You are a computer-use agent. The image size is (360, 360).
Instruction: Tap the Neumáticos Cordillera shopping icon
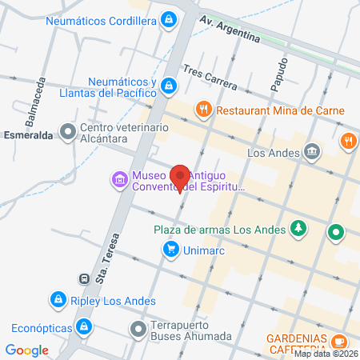pyautogui.click(x=169, y=19)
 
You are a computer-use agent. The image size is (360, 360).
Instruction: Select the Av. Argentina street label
pyautogui.click(x=230, y=29)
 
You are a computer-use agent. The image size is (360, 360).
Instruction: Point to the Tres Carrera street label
pyautogui.click(x=209, y=80)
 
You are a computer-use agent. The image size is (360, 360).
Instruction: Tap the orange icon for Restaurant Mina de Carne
pyautogui.click(x=203, y=108)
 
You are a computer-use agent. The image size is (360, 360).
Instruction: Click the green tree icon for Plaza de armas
pyautogui.click(x=298, y=229)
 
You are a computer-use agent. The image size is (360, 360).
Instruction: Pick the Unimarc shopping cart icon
pyautogui.click(x=170, y=250)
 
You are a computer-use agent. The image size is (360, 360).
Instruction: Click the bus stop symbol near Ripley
pyautogui.click(x=83, y=279)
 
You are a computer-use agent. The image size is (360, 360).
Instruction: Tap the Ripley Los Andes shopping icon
pyautogui.click(x=58, y=300)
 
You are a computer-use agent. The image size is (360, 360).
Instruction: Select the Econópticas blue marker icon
pyautogui.click(x=82, y=326)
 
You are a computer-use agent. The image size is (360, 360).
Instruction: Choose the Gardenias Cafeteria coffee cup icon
pyautogui.click(x=338, y=342)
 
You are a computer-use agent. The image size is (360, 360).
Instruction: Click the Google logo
pyautogui.click(x=26, y=350)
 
